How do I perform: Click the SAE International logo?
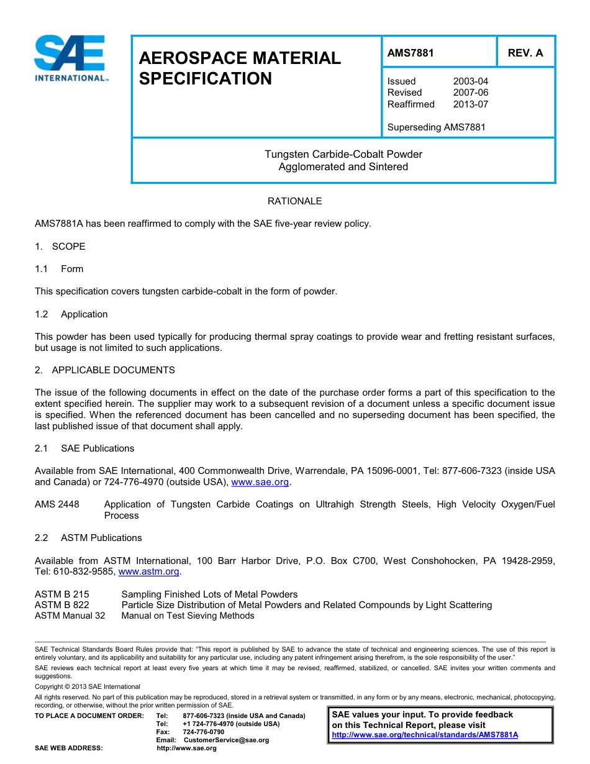[71, 58]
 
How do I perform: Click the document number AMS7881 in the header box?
[411, 53]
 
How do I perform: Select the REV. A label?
[525, 53]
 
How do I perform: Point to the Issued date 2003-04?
[470, 81]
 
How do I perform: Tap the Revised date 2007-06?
[470, 93]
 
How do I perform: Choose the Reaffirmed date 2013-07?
[470, 104]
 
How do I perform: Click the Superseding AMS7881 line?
[436, 127]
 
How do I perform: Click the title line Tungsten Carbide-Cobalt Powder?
[343, 154]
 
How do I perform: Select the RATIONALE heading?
[294, 201]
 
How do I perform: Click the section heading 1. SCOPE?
[60, 247]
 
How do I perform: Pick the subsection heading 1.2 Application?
[71, 314]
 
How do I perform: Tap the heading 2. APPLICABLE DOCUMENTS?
[105, 370]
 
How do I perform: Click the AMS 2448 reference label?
[57, 504]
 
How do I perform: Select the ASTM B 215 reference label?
[61, 594]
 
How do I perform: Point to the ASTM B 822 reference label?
[61, 605]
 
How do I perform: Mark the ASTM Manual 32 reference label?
[70, 616]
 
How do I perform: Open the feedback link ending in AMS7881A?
[425, 735]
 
